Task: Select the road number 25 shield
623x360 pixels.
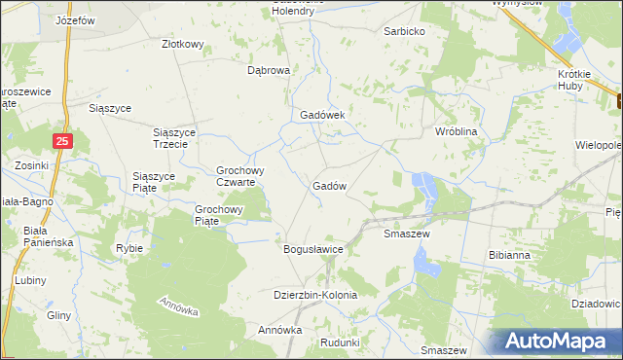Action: tap(63, 141)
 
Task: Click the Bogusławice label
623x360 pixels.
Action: tap(313, 249)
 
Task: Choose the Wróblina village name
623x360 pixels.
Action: tap(457, 129)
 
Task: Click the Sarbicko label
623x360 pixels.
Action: tap(406, 31)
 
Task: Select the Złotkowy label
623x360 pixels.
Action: tap(182, 44)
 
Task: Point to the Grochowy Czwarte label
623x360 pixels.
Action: tap(236, 175)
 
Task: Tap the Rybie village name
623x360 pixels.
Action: tap(129, 248)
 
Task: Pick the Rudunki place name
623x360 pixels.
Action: tap(340, 342)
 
